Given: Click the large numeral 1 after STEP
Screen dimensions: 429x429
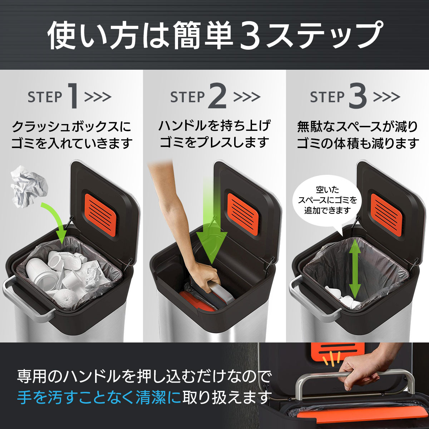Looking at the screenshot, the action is [x=73, y=96].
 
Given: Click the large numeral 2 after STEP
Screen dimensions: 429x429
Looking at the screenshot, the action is [x=217, y=96].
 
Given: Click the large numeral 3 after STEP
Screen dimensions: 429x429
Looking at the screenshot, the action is [x=358, y=96].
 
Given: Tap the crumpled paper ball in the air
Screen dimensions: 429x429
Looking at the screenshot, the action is [x=29, y=187].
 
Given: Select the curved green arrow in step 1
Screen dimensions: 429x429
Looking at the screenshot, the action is [x=57, y=219].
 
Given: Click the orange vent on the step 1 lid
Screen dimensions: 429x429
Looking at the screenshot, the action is [x=100, y=214].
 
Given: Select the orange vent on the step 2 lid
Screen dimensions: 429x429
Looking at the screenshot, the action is [x=243, y=214].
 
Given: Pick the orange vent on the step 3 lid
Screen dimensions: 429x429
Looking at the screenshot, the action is [x=386, y=214].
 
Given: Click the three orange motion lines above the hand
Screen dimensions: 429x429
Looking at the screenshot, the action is [x=332, y=359].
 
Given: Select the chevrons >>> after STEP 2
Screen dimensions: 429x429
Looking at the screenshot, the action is [x=247, y=97].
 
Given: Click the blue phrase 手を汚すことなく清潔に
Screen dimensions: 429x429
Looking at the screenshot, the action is [x=99, y=398].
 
